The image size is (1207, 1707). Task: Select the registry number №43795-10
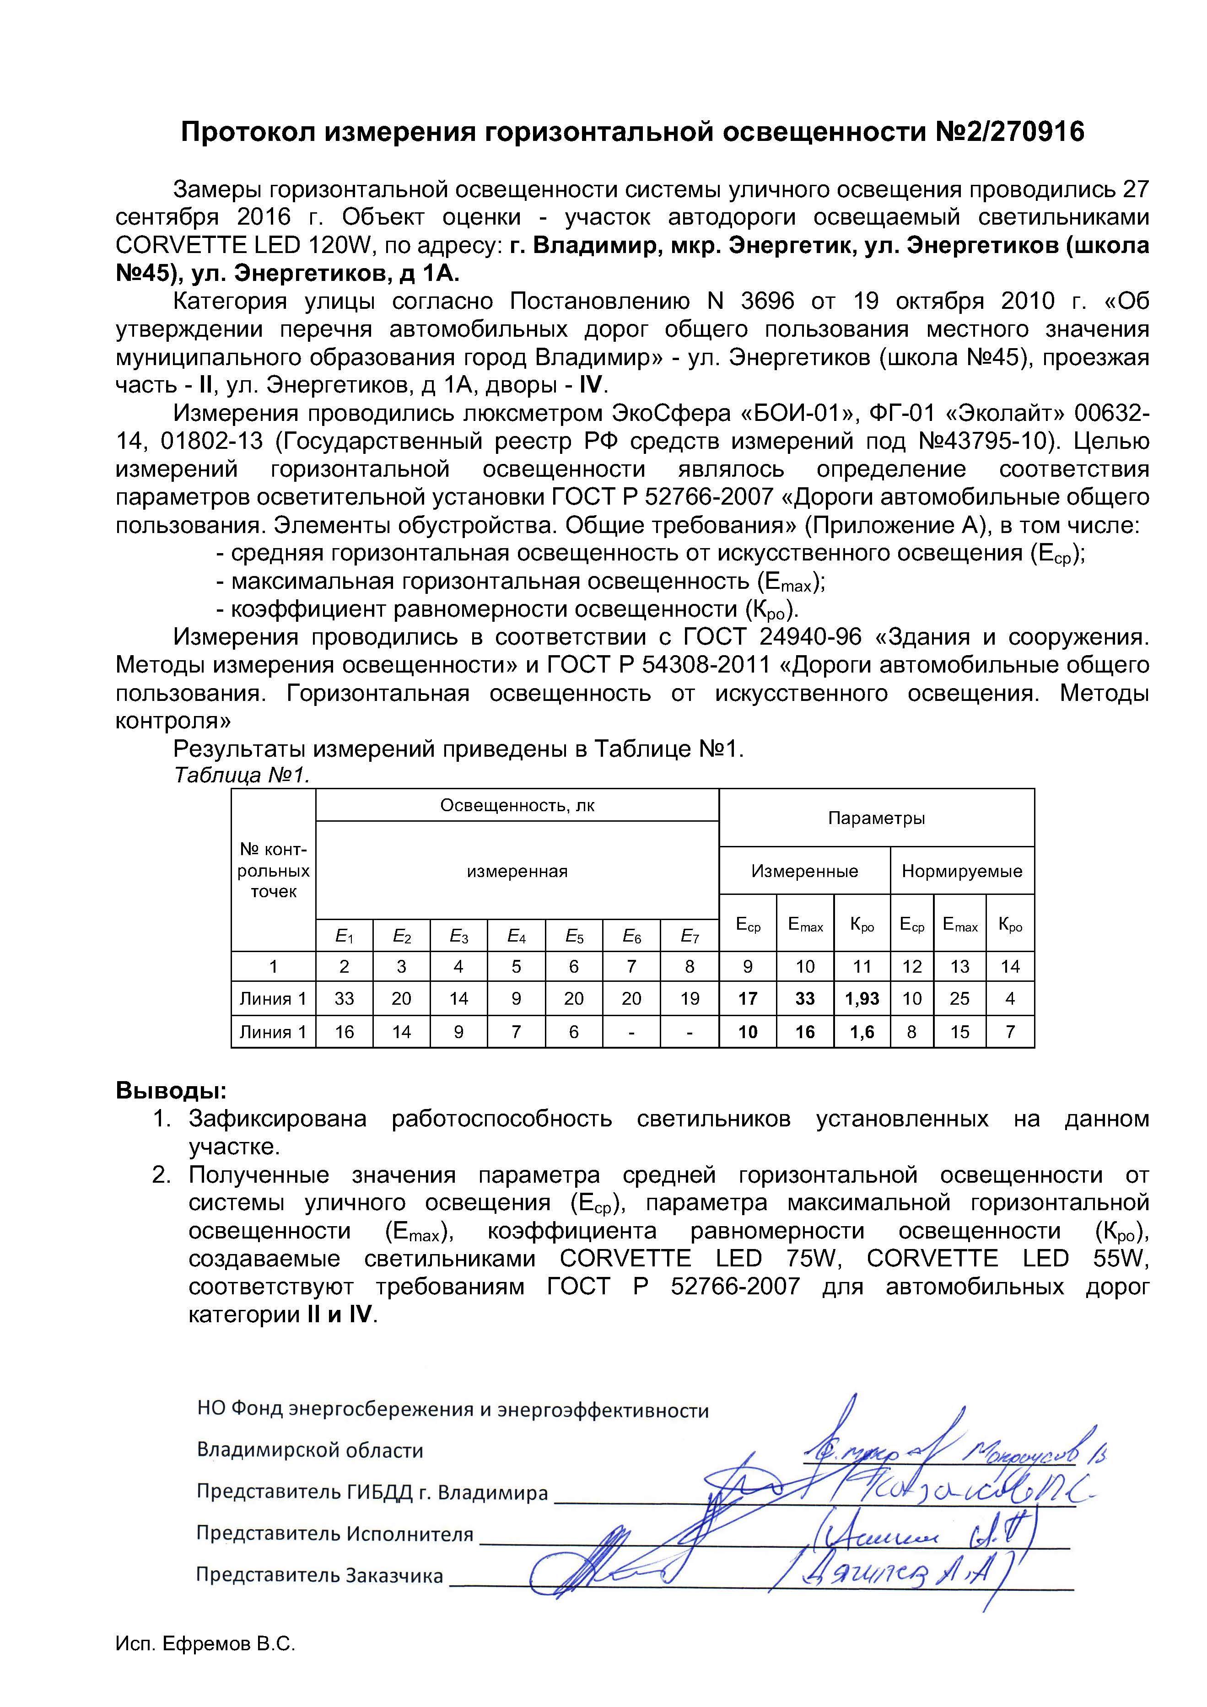pos(986,442)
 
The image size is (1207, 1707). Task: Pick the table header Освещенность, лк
pos(517,805)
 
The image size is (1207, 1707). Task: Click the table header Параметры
pos(876,818)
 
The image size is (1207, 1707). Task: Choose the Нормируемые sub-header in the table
pos(962,871)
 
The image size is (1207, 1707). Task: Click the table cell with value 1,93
pos(862,998)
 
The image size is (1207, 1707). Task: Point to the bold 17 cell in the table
pos(748,998)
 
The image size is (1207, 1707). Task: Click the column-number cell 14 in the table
pos(1009,966)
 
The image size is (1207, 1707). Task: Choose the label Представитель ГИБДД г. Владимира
pos(372,1492)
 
